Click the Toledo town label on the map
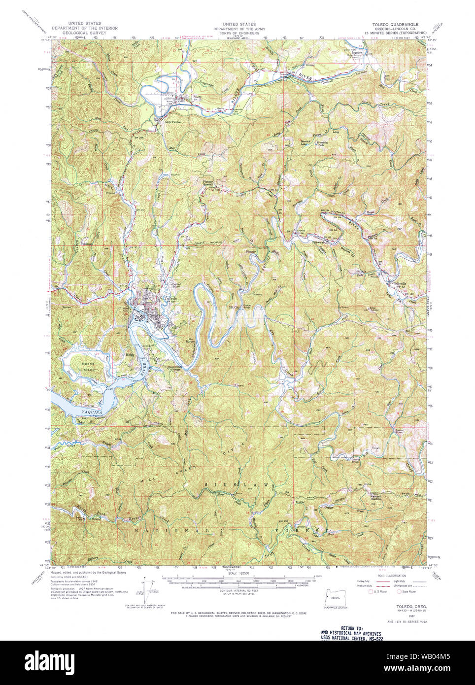click(x=170, y=299)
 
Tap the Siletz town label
click(x=197, y=97)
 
